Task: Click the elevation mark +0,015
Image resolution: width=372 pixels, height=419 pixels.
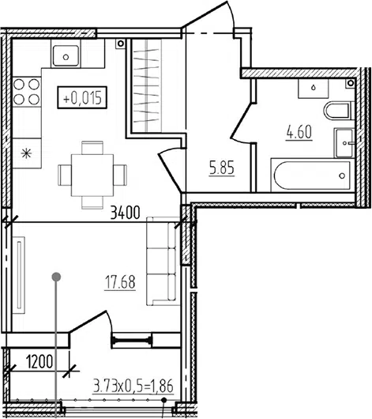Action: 82,97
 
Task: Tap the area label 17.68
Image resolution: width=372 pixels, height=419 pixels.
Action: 120,283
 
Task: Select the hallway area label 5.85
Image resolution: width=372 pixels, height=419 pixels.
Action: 222,168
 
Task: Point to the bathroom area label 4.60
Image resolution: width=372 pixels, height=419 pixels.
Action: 299,132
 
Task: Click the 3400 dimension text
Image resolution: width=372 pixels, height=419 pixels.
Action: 125,213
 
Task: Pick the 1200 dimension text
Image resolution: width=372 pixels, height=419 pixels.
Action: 39,362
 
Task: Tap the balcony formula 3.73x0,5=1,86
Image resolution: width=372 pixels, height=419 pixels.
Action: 133,387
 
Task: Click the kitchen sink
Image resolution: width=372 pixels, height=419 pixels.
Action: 66,56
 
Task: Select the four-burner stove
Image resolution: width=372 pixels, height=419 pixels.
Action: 27,92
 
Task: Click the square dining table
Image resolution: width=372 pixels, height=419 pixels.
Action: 92,175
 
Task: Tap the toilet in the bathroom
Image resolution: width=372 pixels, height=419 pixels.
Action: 339,111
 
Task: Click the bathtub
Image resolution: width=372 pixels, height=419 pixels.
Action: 313,176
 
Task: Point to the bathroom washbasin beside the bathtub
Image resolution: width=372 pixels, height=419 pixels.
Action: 344,143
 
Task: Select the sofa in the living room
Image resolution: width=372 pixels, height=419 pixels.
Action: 163,261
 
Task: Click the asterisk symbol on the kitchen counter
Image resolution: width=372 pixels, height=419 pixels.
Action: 26,153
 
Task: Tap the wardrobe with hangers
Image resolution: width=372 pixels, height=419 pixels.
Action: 147,85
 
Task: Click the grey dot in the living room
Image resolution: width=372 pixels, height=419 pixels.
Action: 56,277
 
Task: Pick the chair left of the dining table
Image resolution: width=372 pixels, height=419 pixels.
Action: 65,175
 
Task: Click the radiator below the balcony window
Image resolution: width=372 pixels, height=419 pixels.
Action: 132,341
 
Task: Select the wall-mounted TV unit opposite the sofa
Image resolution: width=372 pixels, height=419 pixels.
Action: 19,275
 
